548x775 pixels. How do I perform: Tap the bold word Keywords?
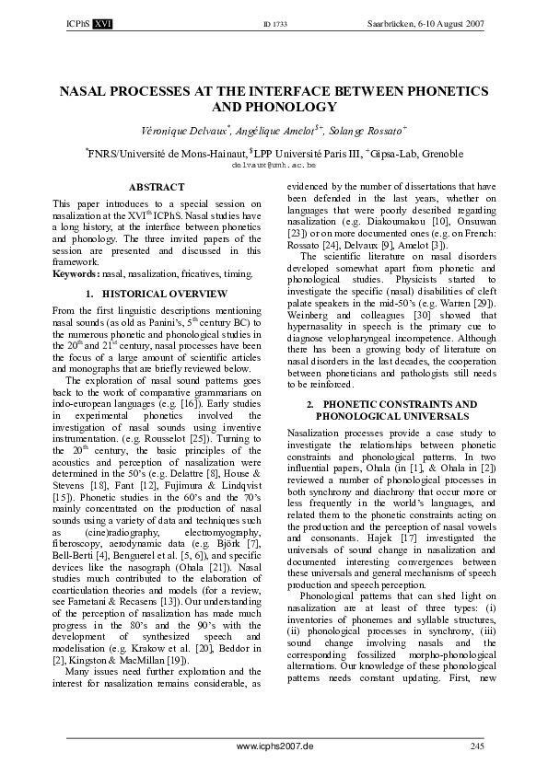point(74,273)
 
